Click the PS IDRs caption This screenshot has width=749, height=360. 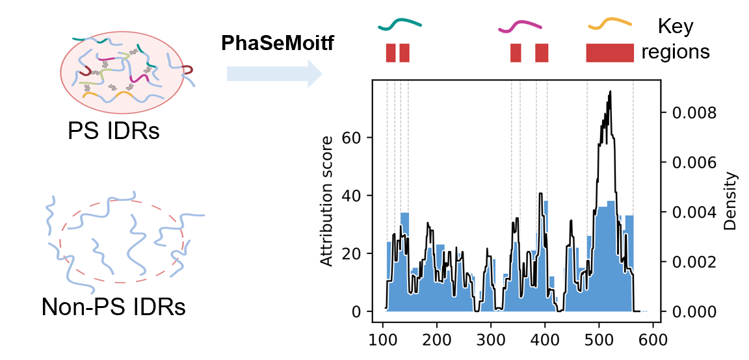click(x=113, y=131)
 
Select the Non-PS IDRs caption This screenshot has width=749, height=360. click(x=113, y=306)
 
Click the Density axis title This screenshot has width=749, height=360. click(x=731, y=201)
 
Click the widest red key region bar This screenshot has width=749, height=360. click(x=609, y=53)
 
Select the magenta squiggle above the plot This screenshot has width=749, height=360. click(x=519, y=27)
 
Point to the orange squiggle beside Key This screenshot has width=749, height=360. click(x=610, y=24)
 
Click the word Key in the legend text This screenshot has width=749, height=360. click(x=676, y=27)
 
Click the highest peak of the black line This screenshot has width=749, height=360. click(x=610, y=92)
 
